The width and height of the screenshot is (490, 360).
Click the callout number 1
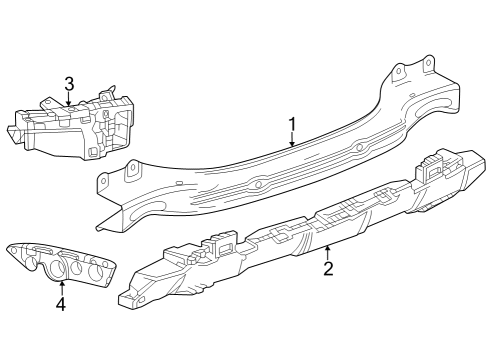point(292,124)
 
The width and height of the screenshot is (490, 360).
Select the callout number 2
point(327,267)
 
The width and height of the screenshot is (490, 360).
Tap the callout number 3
point(68,86)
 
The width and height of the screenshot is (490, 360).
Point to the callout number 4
point(61,304)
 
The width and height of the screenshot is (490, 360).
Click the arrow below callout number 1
point(292,141)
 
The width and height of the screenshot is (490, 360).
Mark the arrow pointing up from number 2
point(327,250)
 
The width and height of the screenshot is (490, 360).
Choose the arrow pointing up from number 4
point(61,286)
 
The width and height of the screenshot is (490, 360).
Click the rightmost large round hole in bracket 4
point(98,270)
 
